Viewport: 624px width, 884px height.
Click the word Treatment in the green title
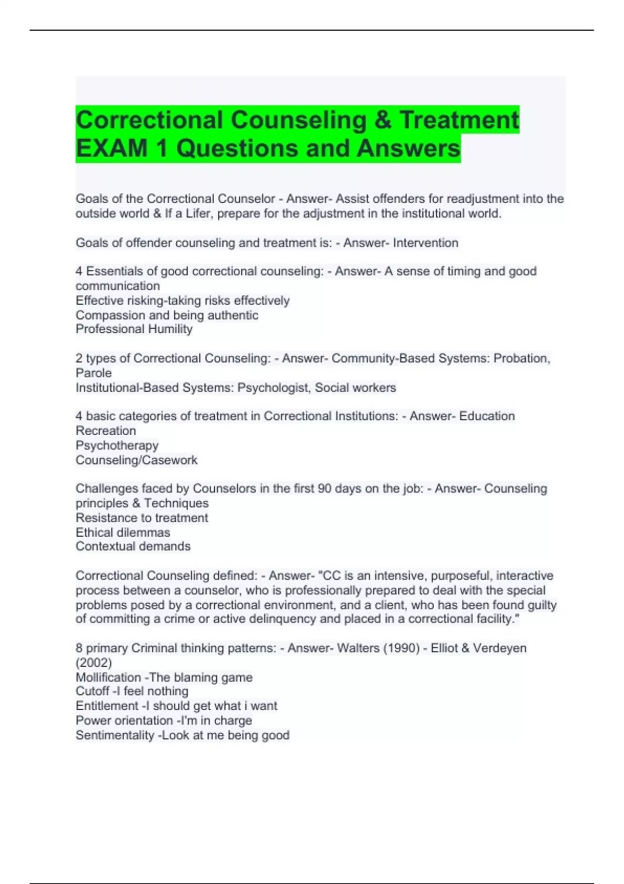tap(459, 120)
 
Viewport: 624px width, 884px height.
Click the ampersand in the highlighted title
tap(383, 120)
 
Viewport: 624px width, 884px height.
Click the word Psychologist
tap(273, 388)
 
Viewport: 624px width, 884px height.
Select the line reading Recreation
tap(106, 431)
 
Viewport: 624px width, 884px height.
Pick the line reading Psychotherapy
tap(117, 446)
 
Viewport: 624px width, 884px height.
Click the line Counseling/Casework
tap(136, 460)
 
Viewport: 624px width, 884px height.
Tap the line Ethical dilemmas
tap(123, 532)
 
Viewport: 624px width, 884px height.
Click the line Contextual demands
tap(133, 547)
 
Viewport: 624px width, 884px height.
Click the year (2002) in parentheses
tap(94, 663)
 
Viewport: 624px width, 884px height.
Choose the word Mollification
tap(108, 678)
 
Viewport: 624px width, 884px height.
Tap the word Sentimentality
tap(114, 735)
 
